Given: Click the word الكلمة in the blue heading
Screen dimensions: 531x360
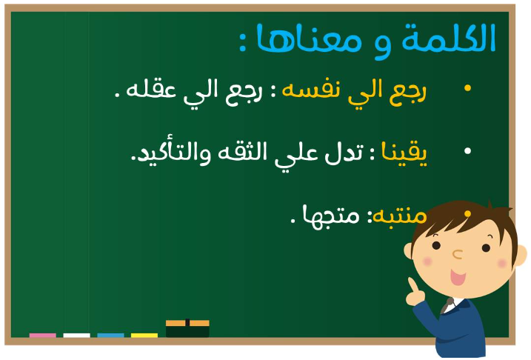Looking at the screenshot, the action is tap(449, 38).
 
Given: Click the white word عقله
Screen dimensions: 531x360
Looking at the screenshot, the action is tap(151, 90).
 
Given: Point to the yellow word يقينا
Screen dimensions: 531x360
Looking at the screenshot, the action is tap(404, 153).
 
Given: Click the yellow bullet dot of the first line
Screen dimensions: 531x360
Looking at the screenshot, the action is tap(467, 88).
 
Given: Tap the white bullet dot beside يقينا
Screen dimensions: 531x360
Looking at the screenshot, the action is tap(467, 151).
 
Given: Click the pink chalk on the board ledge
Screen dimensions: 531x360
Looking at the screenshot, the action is tap(43, 336).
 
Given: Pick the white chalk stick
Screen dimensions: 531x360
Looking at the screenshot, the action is tap(76, 336).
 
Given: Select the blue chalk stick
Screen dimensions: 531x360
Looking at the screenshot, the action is tap(111, 336).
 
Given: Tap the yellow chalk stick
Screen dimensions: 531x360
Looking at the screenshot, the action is tap(144, 336).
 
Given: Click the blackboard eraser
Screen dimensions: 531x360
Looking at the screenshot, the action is tap(187, 328).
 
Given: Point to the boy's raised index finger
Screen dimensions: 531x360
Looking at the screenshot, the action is tap(413, 284).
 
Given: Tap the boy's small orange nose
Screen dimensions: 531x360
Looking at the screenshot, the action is tap(458, 254).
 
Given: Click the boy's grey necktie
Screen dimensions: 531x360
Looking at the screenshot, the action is tap(447, 306).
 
